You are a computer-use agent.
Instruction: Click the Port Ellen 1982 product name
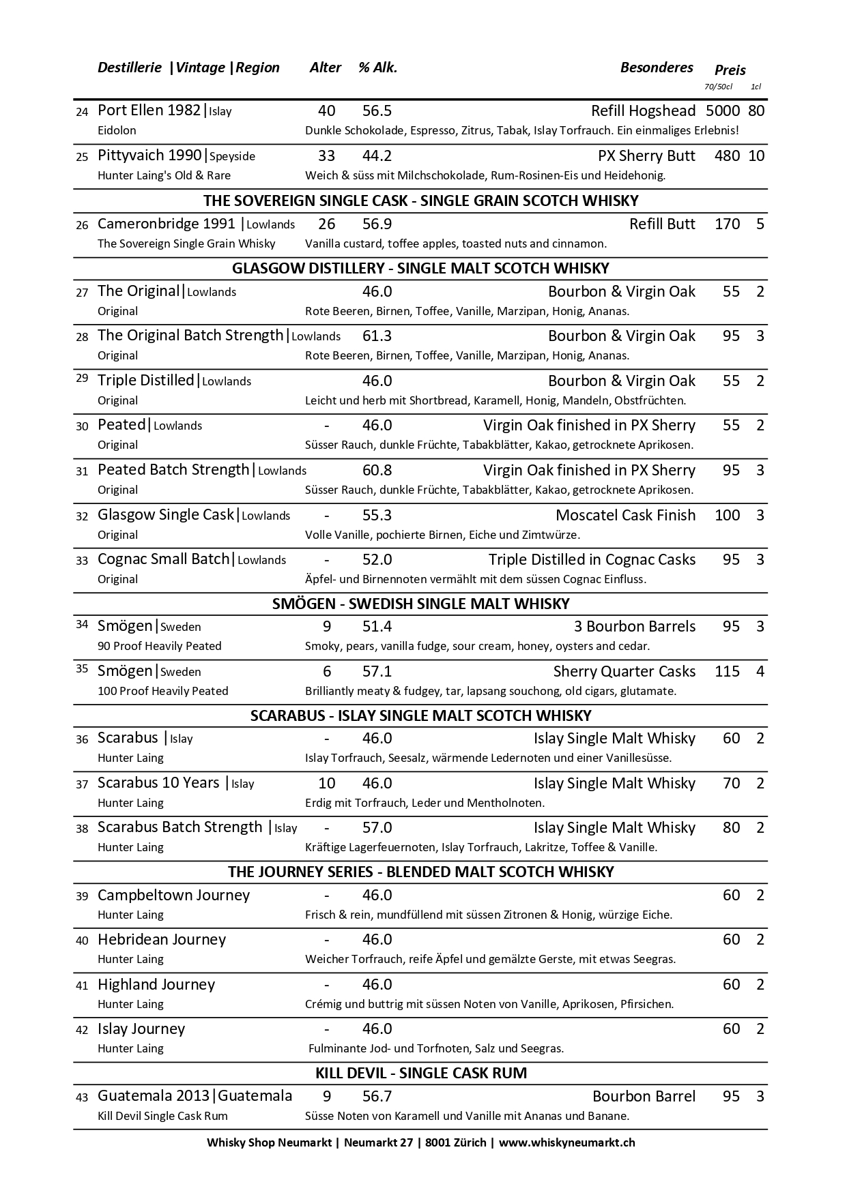pyautogui.click(x=149, y=110)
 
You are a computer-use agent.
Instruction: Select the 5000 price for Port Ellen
pyautogui.click(x=722, y=110)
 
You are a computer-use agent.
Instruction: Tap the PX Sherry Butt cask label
pyautogui.click(x=646, y=156)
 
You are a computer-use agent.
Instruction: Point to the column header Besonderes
pyautogui.click(x=656, y=68)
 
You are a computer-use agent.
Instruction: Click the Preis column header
pyautogui.click(x=730, y=70)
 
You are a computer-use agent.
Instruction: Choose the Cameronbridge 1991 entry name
pyautogui.click(x=166, y=224)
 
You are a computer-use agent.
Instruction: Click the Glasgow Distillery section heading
pyautogui.click(x=420, y=268)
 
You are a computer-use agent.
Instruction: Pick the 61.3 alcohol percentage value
pyautogui.click(x=377, y=336)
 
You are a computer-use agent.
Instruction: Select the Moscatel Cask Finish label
pyautogui.click(x=625, y=515)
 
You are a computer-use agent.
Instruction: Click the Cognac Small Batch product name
pyautogui.click(x=163, y=559)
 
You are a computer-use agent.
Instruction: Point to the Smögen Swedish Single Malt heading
pyautogui.click(x=420, y=604)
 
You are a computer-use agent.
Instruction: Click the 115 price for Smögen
pyautogui.click(x=727, y=671)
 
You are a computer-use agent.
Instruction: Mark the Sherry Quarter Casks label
pyautogui.click(x=624, y=671)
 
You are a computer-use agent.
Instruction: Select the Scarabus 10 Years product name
pyautogui.click(x=158, y=783)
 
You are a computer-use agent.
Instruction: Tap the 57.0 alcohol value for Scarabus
pyautogui.click(x=377, y=827)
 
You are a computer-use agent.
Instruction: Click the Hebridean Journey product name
pyautogui.click(x=161, y=939)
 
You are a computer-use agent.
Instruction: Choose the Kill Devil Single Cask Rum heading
pyautogui.click(x=420, y=1073)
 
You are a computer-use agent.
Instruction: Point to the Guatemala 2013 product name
pyautogui.click(x=154, y=1096)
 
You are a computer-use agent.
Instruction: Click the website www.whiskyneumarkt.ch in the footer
pyautogui.click(x=566, y=1142)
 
